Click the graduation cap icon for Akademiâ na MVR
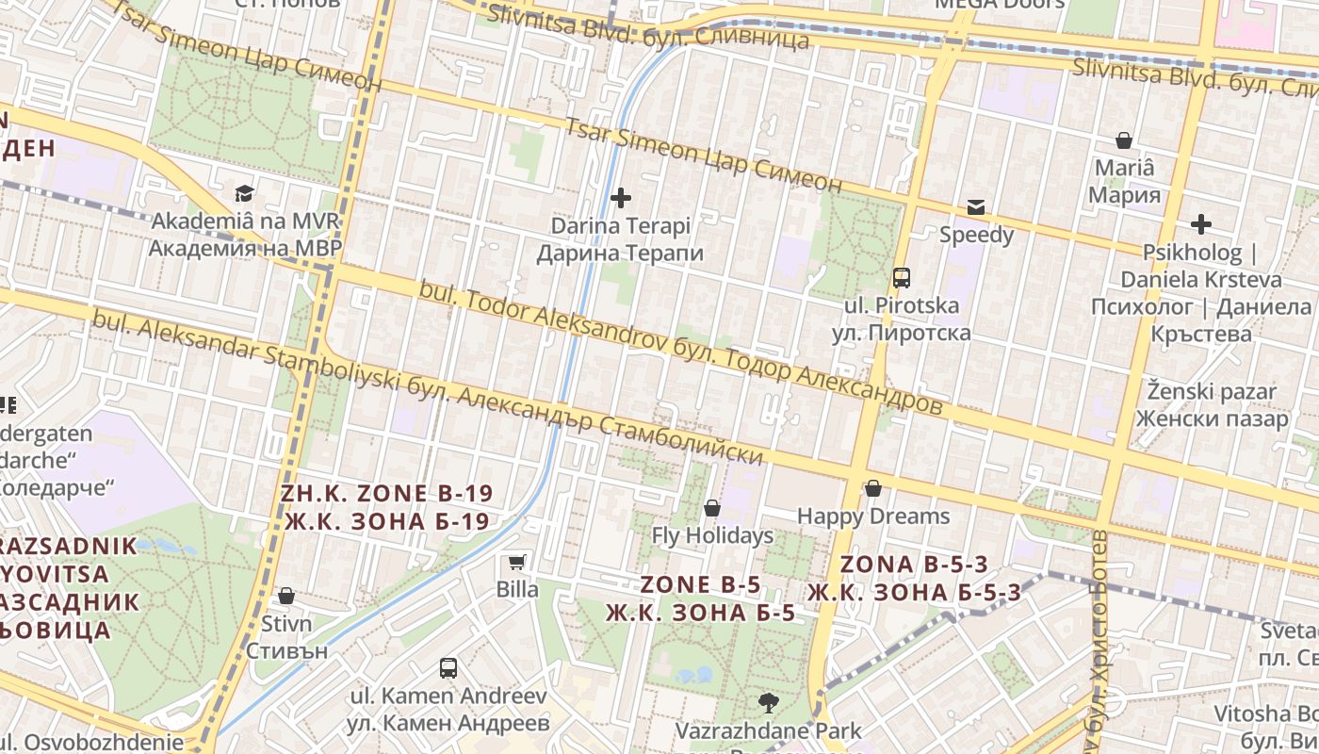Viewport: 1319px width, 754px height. click(245, 193)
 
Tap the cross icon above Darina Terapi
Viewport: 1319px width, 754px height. click(621, 198)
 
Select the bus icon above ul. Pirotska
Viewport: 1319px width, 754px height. click(902, 278)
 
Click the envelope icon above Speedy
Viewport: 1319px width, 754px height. click(976, 207)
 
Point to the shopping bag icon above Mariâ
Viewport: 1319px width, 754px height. click(1124, 140)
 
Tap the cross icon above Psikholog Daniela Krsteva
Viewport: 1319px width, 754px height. click(1200, 224)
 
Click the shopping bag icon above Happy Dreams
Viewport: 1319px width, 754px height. click(873, 488)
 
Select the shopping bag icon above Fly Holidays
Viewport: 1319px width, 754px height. click(712, 508)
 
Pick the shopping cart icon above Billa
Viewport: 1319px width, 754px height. click(516, 563)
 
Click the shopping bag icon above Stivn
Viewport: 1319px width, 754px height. click(286, 596)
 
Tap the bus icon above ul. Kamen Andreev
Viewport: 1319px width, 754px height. click(448, 668)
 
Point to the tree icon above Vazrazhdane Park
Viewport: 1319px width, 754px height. click(769, 702)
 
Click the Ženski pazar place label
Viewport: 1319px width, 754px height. click(1211, 404)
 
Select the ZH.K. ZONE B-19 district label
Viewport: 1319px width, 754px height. click(387, 507)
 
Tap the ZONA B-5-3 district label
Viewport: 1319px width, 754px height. click(914, 578)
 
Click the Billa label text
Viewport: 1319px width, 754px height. click(517, 590)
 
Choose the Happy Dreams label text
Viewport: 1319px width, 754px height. click(873, 516)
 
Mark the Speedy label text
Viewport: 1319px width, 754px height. click(976, 235)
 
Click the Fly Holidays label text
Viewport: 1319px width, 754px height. click(712, 536)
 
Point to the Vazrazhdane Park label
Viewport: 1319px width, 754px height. click(769, 730)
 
